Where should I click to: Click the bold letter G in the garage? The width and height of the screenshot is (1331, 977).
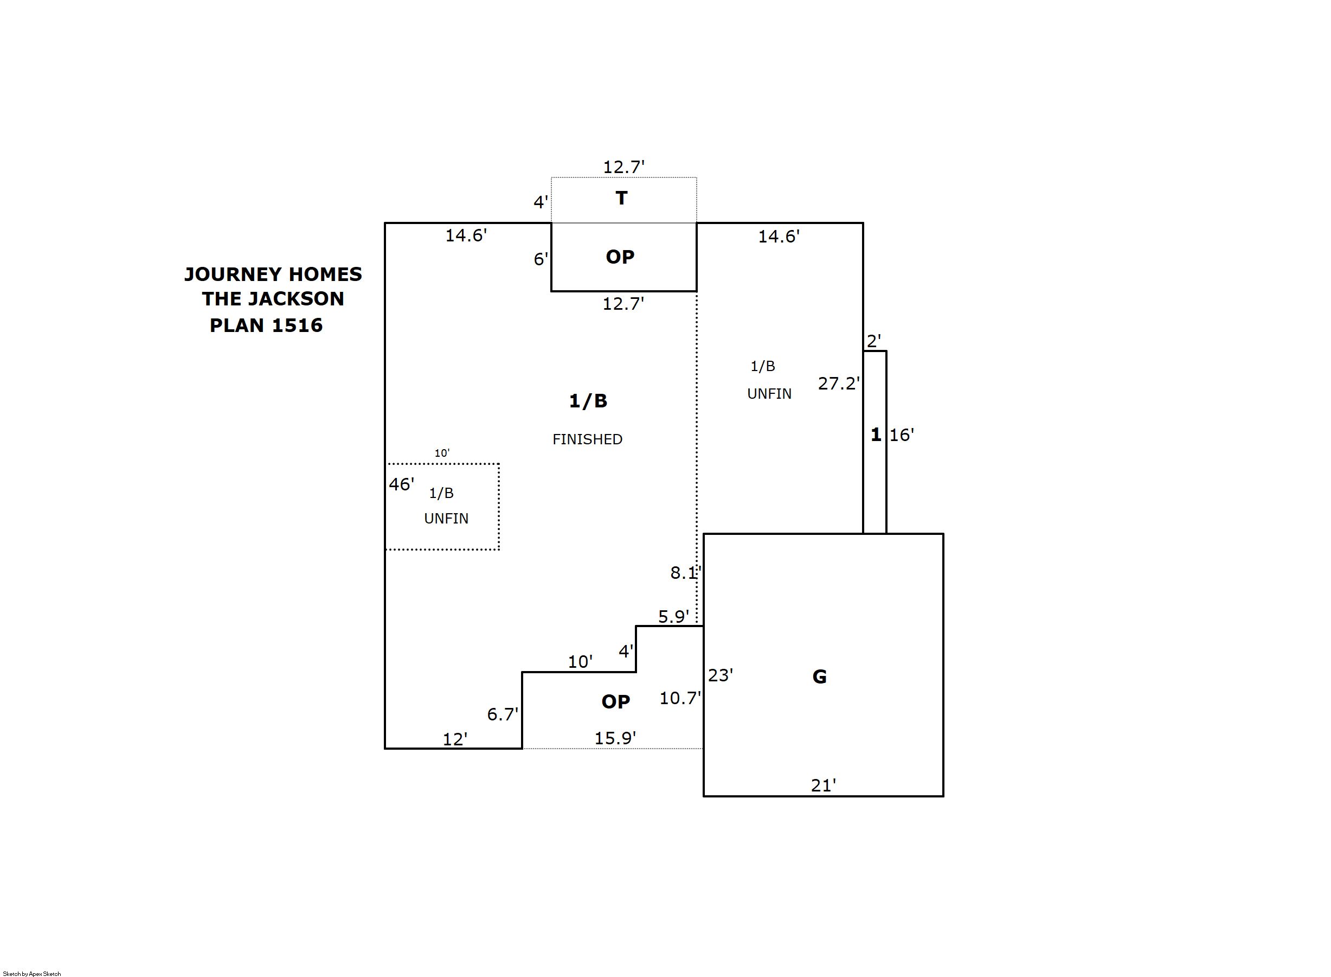(819, 676)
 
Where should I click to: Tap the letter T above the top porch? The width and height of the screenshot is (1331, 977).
(621, 198)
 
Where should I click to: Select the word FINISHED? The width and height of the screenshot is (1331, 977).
(587, 439)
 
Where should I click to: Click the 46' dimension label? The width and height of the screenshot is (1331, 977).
(401, 484)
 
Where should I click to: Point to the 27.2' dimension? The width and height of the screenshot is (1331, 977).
(838, 384)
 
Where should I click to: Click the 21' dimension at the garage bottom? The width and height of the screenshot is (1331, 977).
(824, 786)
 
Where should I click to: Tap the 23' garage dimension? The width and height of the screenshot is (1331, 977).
(721, 675)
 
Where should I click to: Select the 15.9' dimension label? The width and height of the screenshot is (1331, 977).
(615, 738)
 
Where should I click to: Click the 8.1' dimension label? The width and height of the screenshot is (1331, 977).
(685, 572)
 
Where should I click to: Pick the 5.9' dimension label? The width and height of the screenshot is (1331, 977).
(673, 617)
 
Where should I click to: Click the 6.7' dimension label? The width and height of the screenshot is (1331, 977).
(503, 714)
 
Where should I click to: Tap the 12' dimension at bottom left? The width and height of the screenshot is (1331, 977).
(455, 739)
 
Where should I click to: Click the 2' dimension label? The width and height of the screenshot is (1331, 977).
(873, 341)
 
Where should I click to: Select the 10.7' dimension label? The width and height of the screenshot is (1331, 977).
(680, 699)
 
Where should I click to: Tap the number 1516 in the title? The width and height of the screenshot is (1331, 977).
(297, 325)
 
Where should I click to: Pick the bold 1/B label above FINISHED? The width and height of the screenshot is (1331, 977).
(588, 401)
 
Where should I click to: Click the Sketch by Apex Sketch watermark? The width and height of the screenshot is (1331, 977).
(32, 973)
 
